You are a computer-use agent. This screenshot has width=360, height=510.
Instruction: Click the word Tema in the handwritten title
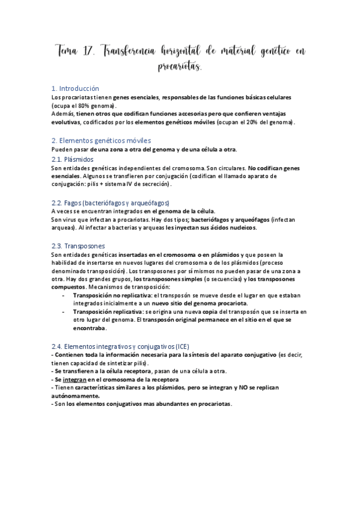(66, 52)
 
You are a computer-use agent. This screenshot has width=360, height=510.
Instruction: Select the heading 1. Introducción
(75, 88)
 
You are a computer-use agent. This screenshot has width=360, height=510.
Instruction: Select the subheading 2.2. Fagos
(111, 203)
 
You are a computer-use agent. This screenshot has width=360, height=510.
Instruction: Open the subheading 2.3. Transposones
(78, 246)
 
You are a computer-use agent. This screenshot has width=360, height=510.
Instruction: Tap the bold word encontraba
(90, 328)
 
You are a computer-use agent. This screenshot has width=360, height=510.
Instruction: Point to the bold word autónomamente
(76, 396)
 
